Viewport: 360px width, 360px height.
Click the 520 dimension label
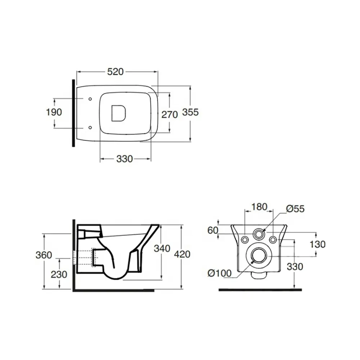click(x=115, y=72)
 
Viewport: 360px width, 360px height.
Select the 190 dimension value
click(x=54, y=112)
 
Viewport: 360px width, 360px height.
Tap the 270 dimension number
click(x=170, y=114)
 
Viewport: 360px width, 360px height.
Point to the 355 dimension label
click(x=190, y=112)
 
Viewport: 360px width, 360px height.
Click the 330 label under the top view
click(x=125, y=159)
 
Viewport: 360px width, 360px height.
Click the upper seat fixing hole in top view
click(x=90, y=99)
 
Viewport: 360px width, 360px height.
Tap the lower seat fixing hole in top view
click(x=90, y=127)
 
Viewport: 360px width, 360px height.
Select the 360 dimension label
click(x=44, y=255)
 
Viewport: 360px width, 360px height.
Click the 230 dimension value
click(x=59, y=274)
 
